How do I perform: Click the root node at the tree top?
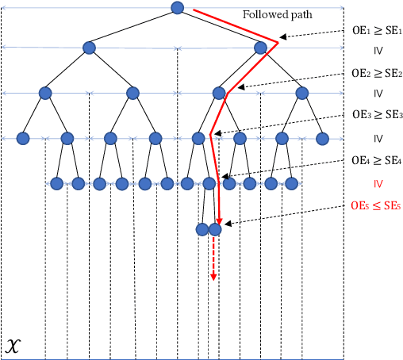(177, 8)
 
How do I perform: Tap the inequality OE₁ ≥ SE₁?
(378, 29)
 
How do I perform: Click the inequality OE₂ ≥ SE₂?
(378, 71)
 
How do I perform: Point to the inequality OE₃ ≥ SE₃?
(378, 115)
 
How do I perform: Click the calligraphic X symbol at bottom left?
(13, 346)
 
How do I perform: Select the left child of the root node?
(90, 48)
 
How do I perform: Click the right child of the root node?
(261, 48)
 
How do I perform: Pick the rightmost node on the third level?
(302, 93)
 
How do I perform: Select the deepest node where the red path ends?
(213, 230)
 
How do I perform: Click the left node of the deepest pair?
(201, 230)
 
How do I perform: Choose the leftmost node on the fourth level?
(24, 138)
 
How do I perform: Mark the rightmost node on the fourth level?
(322, 138)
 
